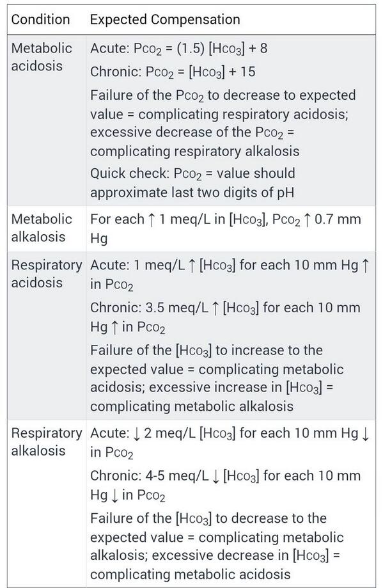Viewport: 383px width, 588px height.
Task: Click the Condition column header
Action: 40,20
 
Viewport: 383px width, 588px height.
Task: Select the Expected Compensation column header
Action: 165,20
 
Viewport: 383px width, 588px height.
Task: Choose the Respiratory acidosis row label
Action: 47,273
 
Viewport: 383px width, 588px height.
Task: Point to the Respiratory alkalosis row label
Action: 47,441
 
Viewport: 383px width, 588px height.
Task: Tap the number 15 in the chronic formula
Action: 246,72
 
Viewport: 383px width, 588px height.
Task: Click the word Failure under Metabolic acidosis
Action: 112,95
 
